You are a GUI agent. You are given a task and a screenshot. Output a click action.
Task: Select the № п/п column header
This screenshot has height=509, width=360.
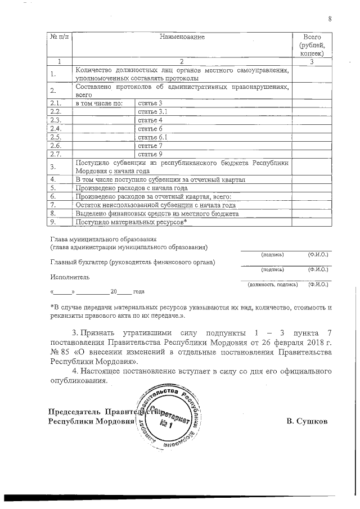point(59,37)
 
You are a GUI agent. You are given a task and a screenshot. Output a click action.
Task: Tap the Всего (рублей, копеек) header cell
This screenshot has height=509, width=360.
point(312,45)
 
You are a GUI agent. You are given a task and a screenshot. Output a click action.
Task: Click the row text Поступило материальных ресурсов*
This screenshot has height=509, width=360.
point(130,222)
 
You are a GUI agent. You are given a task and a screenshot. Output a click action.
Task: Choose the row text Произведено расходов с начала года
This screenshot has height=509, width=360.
point(131,188)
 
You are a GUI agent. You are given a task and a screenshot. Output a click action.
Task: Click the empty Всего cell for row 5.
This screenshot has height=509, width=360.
point(312,188)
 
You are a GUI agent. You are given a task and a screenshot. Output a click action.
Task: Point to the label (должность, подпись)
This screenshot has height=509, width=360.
point(273,285)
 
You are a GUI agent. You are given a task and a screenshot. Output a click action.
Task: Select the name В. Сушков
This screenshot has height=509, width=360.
point(307,421)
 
